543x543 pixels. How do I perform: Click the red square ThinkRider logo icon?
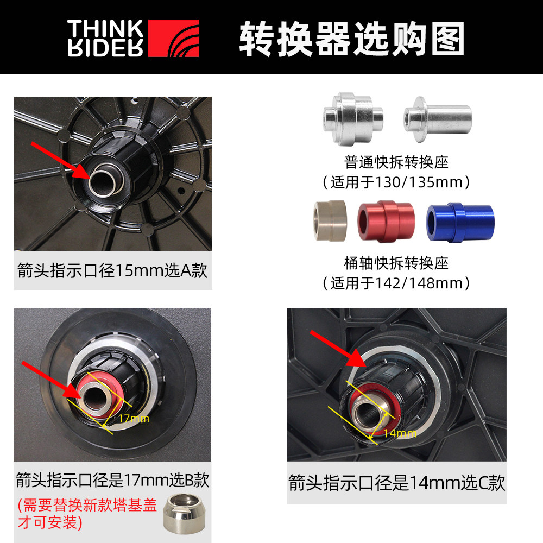tap(173, 38)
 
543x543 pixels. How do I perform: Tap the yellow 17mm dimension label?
tap(133, 419)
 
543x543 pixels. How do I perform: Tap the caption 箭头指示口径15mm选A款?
tap(112, 270)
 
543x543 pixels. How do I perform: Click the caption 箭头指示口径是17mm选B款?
tap(112, 480)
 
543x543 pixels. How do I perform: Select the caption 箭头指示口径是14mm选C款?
tap(396, 482)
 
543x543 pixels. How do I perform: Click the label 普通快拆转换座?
tap(396, 161)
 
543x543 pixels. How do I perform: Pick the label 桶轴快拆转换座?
tap(396, 263)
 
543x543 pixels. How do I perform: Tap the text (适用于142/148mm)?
tap(396, 283)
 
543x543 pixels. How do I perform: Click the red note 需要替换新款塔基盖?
tap(87, 506)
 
